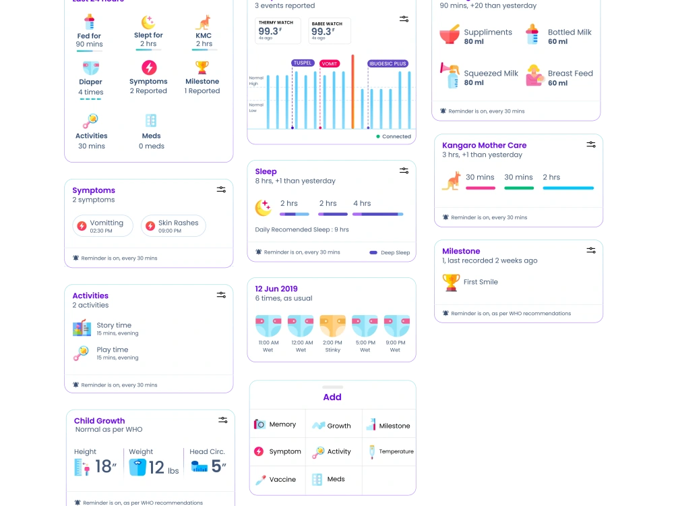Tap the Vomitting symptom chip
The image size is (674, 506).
tap(103, 226)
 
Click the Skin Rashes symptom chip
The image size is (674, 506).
tap(173, 226)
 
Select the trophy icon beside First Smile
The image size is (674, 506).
tap(451, 282)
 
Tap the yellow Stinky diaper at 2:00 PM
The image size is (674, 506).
tap(332, 326)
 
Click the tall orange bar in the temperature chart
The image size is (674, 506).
tap(353, 92)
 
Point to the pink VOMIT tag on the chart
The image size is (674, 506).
tap(330, 63)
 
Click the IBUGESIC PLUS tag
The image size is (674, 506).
tap(388, 63)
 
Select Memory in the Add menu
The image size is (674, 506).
tap(276, 424)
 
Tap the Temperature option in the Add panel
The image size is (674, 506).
tap(390, 451)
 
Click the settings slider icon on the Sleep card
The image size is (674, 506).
tap(404, 171)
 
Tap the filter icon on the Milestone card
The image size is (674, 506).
tap(591, 250)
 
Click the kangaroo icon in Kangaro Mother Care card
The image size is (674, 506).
tap(451, 181)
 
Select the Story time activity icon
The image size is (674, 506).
tap(82, 329)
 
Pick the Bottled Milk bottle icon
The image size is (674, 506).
tap(532, 35)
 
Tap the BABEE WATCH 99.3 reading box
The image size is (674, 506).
tap(330, 30)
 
